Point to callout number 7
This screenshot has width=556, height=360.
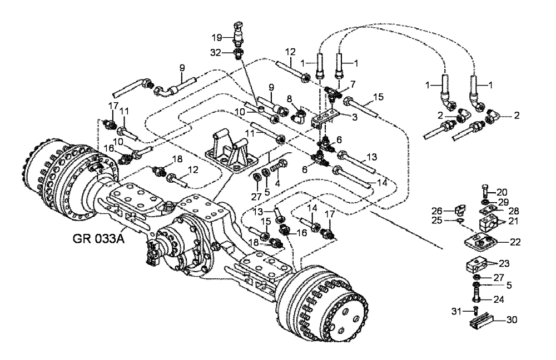tap(352, 83)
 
